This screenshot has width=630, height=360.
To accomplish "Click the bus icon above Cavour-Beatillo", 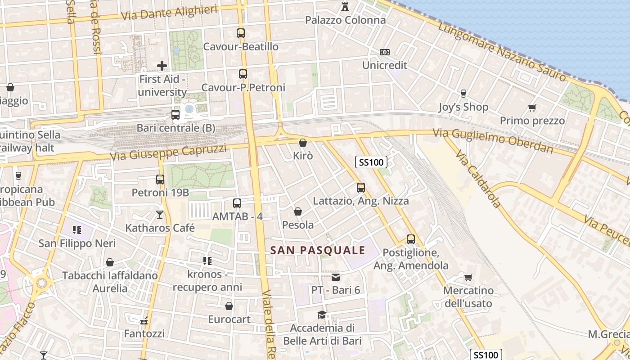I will pyautogui.click(x=241, y=33).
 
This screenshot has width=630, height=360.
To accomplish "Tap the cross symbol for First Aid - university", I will pyautogui.click(x=162, y=66).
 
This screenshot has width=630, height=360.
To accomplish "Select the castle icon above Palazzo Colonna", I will pyautogui.click(x=345, y=6).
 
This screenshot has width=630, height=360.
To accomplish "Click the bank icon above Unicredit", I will pyautogui.click(x=384, y=52).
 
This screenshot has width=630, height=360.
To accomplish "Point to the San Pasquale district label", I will pyautogui.click(x=318, y=250).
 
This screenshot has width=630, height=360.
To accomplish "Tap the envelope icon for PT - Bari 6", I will pyautogui.click(x=336, y=277).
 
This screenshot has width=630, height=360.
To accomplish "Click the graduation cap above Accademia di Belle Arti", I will pyautogui.click(x=322, y=315).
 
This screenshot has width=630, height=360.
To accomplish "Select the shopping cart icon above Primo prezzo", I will pyautogui.click(x=532, y=108).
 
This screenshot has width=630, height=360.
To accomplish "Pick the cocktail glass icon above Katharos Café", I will pyautogui.click(x=160, y=215).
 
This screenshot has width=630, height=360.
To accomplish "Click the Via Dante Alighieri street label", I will pyautogui.click(x=170, y=13).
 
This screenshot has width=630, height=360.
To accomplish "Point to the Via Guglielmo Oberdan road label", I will pyautogui.click(x=493, y=141).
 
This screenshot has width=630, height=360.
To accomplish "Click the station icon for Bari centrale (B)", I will pyautogui.click(x=175, y=115).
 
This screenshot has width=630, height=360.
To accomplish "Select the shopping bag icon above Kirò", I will pyautogui.click(x=303, y=143).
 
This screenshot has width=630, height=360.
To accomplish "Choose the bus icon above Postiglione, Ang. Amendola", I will pyautogui.click(x=411, y=239).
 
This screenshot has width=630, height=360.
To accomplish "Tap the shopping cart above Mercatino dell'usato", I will pyautogui.click(x=468, y=277).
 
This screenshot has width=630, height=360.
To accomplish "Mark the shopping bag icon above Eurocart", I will pyautogui.click(x=229, y=306).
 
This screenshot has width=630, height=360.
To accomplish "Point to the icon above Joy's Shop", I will pyautogui.click(x=463, y=94).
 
